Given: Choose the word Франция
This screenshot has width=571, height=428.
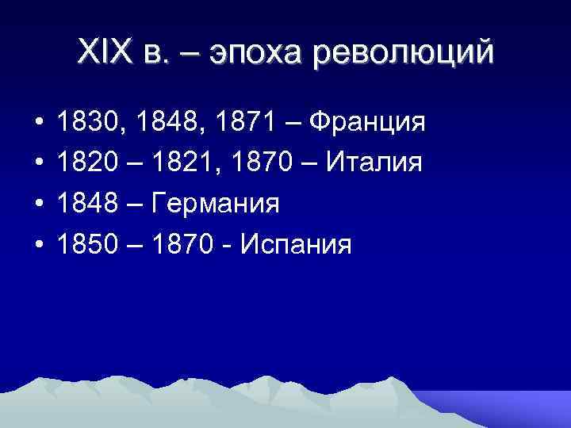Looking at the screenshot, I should pos(368,124).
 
